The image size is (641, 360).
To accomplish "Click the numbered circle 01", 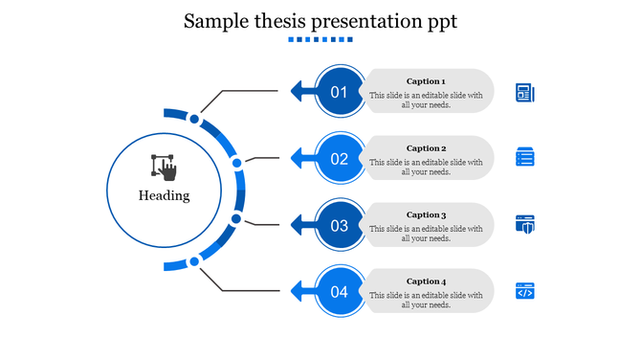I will (x=340, y=92).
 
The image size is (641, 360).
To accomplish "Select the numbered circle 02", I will (x=340, y=159).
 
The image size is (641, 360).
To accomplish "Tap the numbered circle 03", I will (x=340, y=226).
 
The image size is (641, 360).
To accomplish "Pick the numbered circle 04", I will (x=340, y=292).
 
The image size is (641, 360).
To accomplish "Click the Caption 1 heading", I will (x=426, y=81).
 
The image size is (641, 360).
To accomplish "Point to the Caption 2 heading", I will (x=426, y=148).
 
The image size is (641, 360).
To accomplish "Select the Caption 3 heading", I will (x=426, y=215).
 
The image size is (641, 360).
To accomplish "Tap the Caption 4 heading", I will (x=426, y=281).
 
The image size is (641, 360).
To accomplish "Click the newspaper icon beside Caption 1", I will (x=524, y=92).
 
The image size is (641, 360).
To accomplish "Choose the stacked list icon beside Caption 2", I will (x=524, y=157).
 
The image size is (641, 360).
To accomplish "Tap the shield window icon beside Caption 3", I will (x=524, y=224).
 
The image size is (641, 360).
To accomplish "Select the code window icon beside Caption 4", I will (x=524, y=290).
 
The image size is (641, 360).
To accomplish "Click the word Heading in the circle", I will (x=165, y=195).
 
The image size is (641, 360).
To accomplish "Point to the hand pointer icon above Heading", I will (x=165, y=168).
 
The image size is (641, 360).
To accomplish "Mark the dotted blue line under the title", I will (x=320, y=39).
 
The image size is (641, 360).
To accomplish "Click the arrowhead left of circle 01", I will (x=297, y=92).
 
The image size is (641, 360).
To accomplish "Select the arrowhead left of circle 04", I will (x=297, y=290).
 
